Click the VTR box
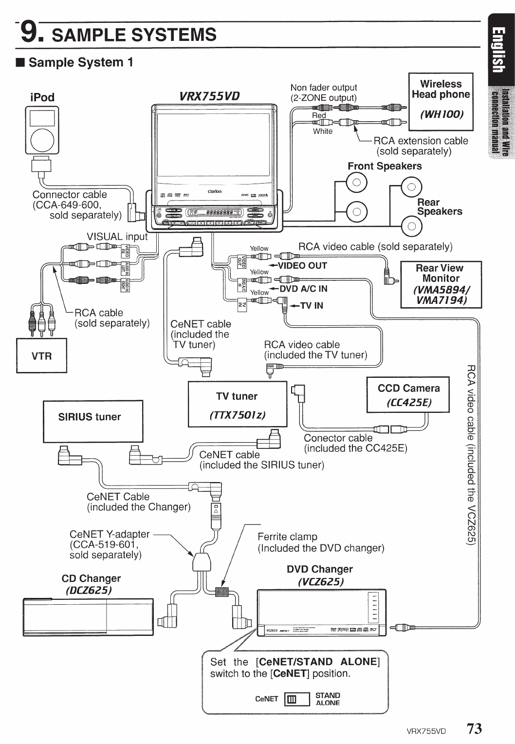[41, 355]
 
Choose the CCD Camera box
[408, 395]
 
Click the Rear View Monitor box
[441, 284]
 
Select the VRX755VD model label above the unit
[210, 95]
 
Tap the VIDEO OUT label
[302, 265]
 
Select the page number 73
[474, 728]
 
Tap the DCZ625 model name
[89, 590]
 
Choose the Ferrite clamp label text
[287, 537]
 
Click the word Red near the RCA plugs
[319, 115]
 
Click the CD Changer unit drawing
[88, 617]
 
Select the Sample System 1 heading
[80, 62]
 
